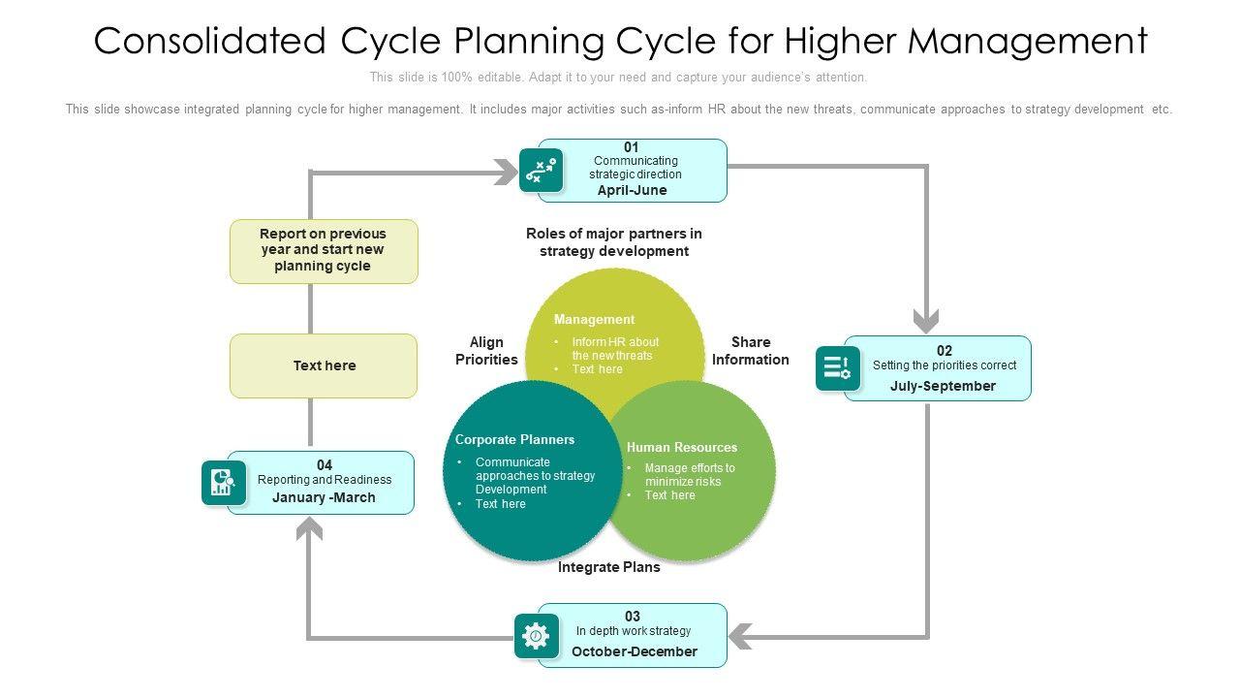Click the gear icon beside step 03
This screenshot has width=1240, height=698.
tap(536, 636)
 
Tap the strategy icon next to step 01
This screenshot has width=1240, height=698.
tap(541, 171)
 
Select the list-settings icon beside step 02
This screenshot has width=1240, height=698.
tap(837, 368)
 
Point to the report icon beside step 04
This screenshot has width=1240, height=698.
tap(224, 483)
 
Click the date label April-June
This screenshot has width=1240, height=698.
tap(632, 191)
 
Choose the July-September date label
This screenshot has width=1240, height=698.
tap(943, 386)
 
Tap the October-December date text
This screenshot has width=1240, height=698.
tap(634, 651)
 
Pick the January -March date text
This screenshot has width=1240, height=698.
tap(324, 497)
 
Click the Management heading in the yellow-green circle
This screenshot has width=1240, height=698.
tap(594, 320)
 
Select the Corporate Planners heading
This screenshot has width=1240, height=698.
tap(514, 440)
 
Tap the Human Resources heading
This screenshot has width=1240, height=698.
tap(681, 448)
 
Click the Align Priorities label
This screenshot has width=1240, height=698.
tap(486, 351)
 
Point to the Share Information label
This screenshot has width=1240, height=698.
tap(750, 351)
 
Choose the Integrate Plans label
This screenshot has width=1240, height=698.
tap(608, 568)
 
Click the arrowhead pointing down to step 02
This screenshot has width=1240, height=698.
tap(927, 321)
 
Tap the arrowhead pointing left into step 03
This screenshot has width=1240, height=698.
tap(739, 637)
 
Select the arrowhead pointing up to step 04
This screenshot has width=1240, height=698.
tap(309, 528)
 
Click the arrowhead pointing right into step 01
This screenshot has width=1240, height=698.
tap(507, 173)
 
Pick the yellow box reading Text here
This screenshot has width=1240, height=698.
tap(324, 366)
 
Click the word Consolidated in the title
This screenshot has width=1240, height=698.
tap(209, 42)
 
